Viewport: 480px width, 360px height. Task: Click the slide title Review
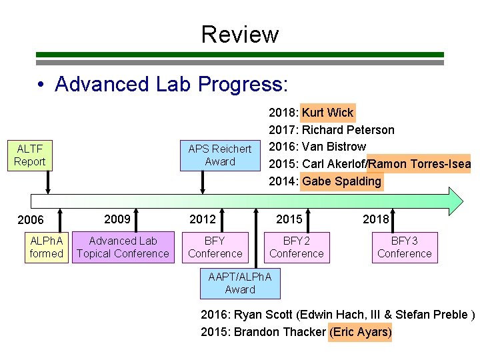[x=239, y=34]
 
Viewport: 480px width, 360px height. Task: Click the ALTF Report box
[x=31, y=155]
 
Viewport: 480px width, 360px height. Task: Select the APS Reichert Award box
[x=220, y=155]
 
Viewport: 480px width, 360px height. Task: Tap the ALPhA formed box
[x=46, y=247]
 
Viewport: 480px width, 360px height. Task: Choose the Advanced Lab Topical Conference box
[x=123, y=247]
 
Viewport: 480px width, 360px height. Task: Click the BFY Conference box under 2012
[x=215, y=247]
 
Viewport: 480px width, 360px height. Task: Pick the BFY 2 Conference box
[x=297, y=247]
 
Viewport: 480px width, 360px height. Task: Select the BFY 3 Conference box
[x=404, y=247]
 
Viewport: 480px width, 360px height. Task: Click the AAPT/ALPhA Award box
[x=240, y=283]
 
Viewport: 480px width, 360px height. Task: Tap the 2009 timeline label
[x=117, y=219]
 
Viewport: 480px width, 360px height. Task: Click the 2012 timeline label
[x=203, y=219]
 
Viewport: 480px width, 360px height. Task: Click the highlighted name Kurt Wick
[x=328, y=113]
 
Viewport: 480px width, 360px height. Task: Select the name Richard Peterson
[x=348, y=130]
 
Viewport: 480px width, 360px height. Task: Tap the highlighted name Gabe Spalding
[x=342, y=181]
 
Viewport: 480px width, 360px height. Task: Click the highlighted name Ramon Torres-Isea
[x=419, y=164]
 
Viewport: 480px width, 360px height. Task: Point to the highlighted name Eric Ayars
[x=361, y=332]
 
